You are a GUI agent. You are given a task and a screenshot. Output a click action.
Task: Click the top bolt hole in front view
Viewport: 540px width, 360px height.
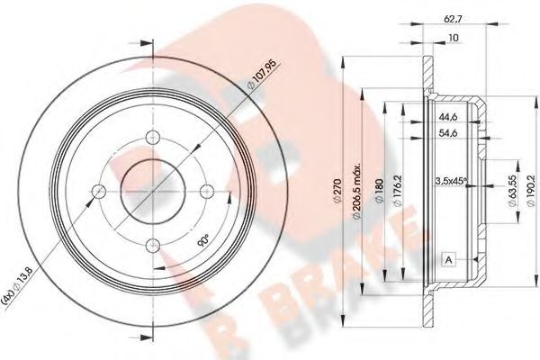click(152, 141)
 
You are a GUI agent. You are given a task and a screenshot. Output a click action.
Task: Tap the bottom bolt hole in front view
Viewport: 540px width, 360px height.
click(152, 241)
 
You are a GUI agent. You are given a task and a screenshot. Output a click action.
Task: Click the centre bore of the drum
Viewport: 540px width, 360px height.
click(152, 191)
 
